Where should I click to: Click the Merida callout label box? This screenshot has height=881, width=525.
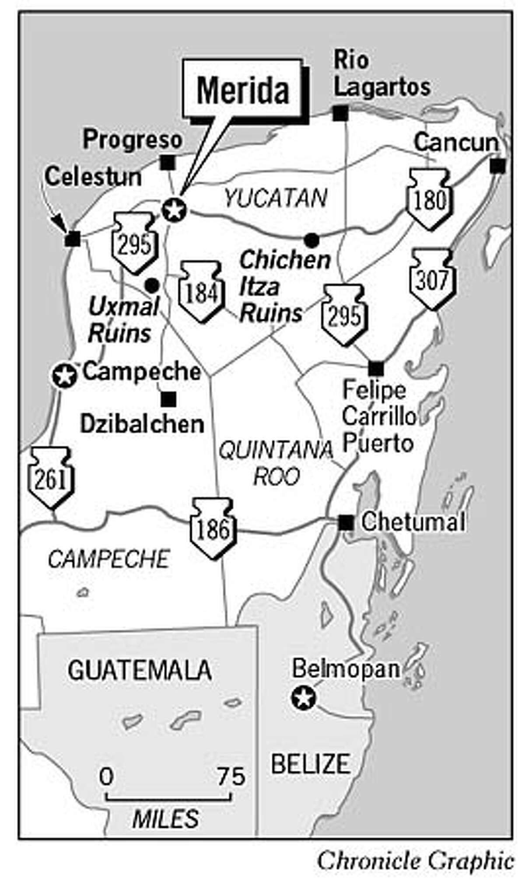(242, 90)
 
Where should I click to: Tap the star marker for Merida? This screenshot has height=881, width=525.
(174, 210)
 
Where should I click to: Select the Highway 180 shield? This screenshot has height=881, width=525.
(429, 200)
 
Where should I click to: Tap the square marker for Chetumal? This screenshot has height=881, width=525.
(346, 522)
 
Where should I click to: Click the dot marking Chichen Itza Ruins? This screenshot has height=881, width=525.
(311, 240)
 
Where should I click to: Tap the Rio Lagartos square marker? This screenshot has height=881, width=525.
(340, 113)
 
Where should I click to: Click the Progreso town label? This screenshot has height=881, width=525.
(133, 140)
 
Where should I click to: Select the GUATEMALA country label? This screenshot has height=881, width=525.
(140, 670)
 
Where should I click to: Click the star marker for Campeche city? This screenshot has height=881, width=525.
(64, 376)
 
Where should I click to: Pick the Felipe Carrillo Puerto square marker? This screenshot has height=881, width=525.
(375, 369)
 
